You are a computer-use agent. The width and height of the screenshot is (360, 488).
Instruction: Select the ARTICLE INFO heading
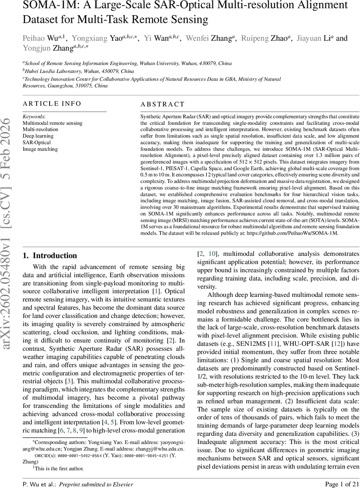coord(52,104)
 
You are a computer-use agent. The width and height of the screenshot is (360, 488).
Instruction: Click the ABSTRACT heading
coord(163,105)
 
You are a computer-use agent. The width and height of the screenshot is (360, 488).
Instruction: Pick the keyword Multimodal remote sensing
coord(52,123)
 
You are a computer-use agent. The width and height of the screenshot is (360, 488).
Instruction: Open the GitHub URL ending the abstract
coord(301,234)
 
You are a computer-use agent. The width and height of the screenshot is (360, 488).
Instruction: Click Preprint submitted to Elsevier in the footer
coord(96,484)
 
